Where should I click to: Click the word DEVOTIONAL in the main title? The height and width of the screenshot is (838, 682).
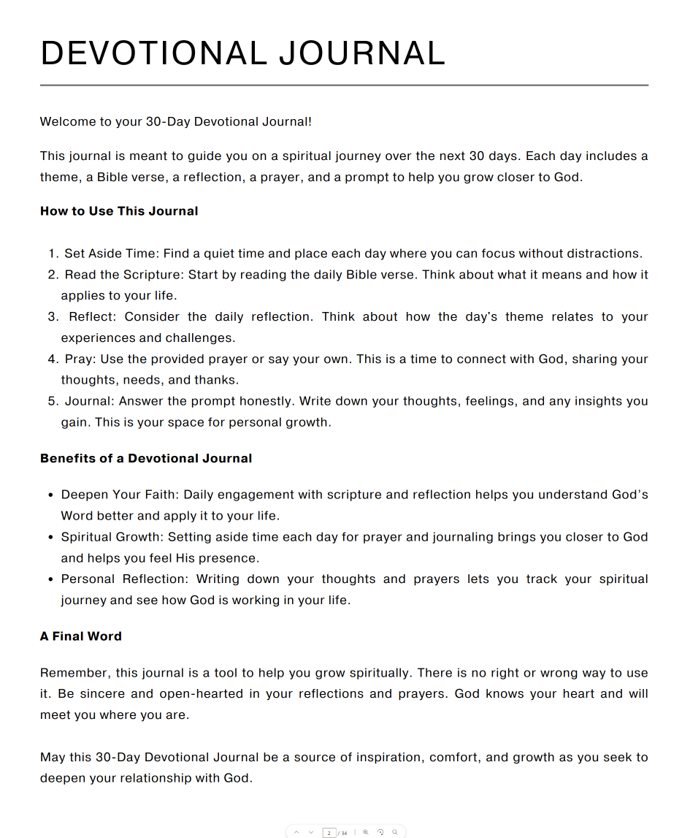153,53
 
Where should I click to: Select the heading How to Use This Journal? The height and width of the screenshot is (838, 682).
119,211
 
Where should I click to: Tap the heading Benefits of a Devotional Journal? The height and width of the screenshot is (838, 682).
146,459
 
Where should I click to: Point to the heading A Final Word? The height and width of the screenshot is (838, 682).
81,636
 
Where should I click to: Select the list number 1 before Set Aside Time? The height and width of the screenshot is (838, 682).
53,254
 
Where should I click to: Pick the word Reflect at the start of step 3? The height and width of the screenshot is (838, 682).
91,317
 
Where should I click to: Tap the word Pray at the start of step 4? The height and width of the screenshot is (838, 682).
79,359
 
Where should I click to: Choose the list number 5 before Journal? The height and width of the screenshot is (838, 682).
53,402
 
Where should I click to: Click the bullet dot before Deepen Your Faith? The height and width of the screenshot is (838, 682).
50,495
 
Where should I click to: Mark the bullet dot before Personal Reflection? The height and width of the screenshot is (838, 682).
50,579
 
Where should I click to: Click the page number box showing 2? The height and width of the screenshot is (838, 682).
329,832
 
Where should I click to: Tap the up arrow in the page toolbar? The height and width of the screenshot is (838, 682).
296,832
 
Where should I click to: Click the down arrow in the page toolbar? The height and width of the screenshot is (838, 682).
312,832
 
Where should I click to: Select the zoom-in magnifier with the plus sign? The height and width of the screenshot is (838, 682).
366,832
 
